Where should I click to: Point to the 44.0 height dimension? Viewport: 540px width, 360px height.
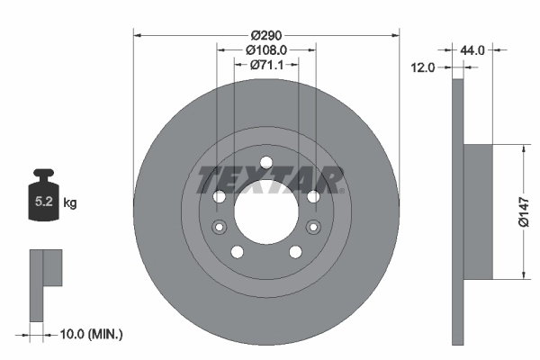[472, 51]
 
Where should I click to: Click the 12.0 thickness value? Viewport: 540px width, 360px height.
[422, 67]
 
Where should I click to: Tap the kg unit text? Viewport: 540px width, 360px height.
[70, 203]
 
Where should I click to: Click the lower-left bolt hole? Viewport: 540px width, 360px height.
[236, 252]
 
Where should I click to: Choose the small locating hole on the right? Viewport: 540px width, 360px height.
[314, 227]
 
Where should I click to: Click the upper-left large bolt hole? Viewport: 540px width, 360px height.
[218, 197]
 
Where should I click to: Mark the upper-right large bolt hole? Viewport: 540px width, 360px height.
[313, 197]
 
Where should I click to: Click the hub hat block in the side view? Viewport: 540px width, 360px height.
[479, 212]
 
